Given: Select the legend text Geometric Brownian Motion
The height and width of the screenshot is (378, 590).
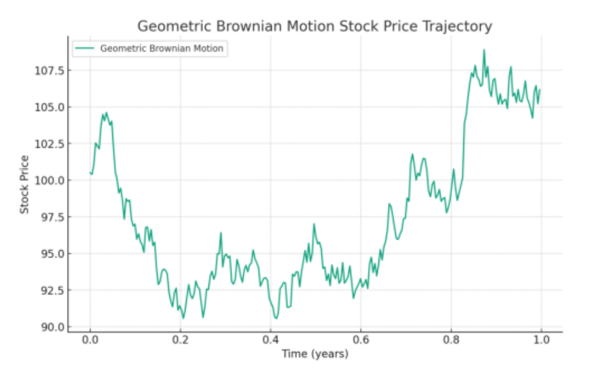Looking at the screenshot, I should click(161, 48).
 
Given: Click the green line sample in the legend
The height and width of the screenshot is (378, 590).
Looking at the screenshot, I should click(85, 48).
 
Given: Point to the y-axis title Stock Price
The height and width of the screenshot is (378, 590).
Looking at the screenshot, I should click(25, 185).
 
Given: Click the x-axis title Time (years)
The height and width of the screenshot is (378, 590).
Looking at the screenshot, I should click(315, 354).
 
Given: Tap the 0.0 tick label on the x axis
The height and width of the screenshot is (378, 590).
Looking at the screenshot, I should click(90, 340).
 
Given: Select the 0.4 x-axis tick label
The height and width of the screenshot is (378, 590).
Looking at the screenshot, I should click(270, 340).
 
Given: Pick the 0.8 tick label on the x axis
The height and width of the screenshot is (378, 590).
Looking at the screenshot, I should click(451, 340).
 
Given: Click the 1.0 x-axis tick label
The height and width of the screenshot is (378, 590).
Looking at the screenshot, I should click(541, 340).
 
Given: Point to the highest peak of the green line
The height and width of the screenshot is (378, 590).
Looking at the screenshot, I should click(484, 50).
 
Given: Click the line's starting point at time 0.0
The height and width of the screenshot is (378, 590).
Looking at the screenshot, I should click(91, 173).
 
